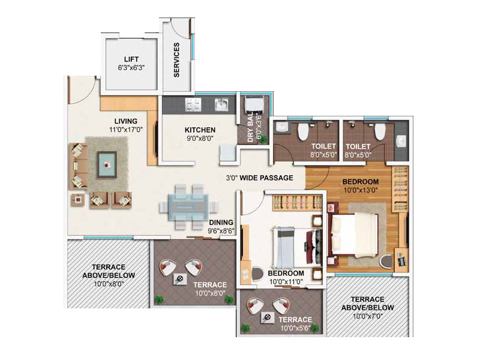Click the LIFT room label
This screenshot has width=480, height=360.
131,59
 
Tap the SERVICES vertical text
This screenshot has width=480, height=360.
176,59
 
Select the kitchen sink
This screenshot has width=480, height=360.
221,104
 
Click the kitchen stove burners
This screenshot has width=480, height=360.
193,104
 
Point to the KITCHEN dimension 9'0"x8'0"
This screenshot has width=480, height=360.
200,139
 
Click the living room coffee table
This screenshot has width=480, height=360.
107,164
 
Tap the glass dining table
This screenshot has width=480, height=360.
188,206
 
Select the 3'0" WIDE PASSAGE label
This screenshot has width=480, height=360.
260,178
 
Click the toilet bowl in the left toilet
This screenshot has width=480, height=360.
303,131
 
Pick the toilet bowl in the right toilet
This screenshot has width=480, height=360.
380,131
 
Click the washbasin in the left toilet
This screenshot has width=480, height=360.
281,127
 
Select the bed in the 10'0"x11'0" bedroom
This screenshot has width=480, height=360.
297,247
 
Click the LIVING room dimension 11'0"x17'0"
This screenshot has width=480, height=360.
126,130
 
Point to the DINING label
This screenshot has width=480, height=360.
221,223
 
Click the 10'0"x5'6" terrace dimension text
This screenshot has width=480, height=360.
295,328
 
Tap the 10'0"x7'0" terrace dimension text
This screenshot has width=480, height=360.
368,316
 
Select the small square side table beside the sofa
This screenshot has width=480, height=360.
79,200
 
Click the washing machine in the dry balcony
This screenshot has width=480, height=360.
254,104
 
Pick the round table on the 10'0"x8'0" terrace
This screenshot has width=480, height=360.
179,279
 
